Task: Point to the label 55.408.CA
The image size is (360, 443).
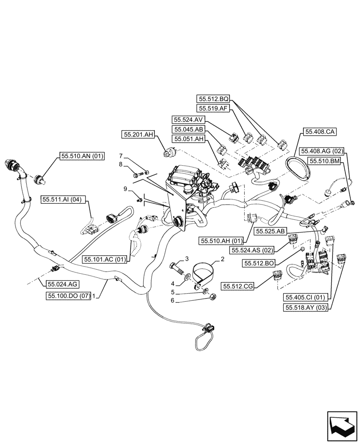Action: point(320,132)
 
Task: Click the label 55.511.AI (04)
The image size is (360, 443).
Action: point(65,200)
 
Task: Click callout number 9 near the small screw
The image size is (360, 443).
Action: point(125,189)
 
